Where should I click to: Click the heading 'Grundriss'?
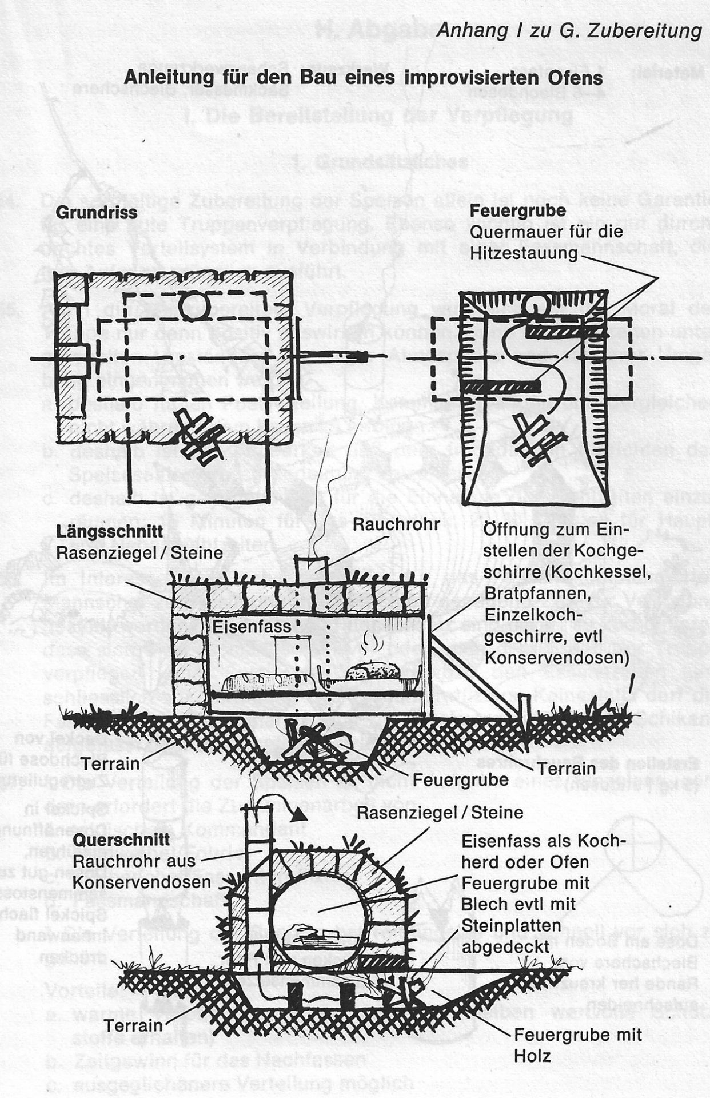97,213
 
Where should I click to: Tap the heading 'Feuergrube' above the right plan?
517,210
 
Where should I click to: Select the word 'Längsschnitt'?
109,531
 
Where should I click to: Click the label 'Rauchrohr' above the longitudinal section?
396,524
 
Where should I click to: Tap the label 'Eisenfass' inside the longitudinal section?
252,627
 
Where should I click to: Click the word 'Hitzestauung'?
524,253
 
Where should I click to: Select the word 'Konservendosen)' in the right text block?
556,658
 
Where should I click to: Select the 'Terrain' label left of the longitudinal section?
110,763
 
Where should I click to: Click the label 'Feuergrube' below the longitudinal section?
460,779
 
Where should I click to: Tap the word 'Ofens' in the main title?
571,77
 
